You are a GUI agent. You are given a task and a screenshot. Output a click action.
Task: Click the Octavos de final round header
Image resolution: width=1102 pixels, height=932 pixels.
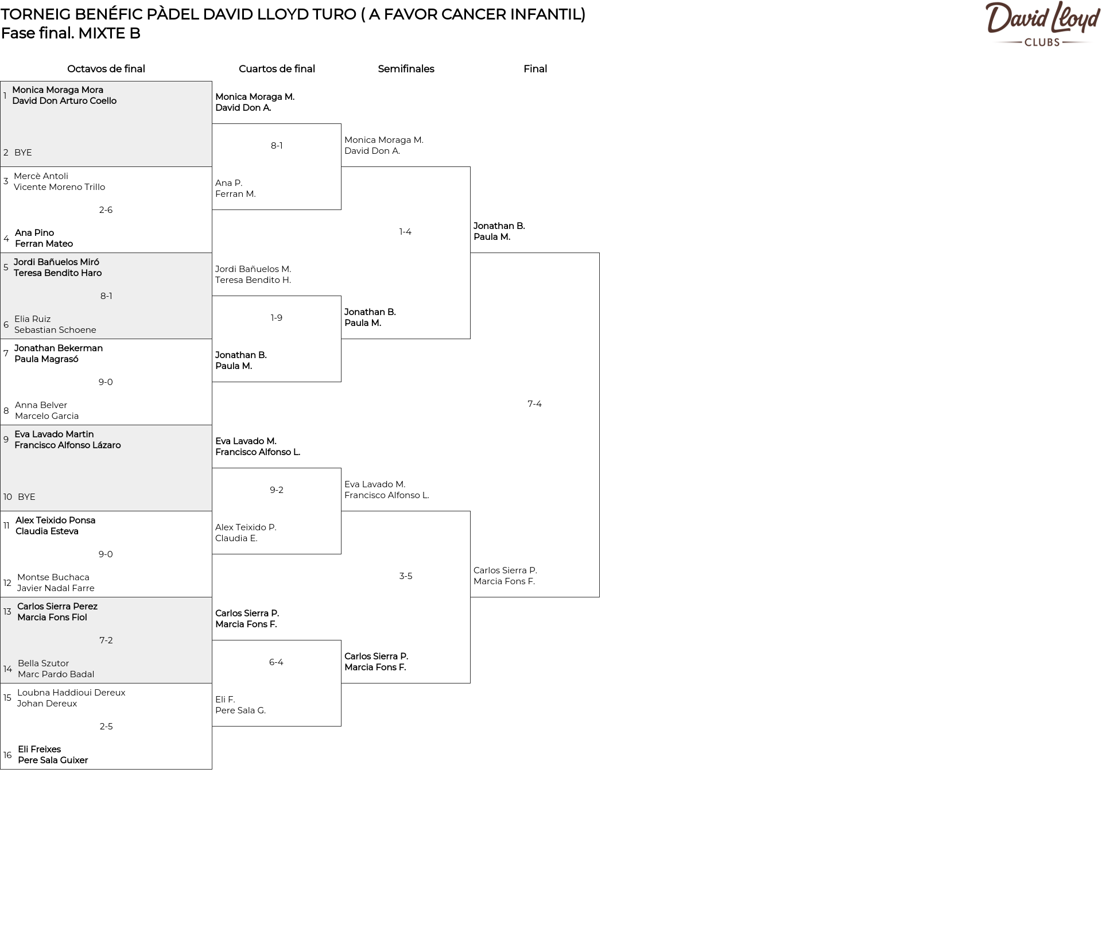[106, 69]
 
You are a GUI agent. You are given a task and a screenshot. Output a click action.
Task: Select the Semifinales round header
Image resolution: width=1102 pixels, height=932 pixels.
[406, 69]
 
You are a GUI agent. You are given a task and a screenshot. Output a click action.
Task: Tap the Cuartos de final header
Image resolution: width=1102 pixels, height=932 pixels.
[277, 69]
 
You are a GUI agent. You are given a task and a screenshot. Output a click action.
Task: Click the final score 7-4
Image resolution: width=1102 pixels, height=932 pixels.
[534, 404]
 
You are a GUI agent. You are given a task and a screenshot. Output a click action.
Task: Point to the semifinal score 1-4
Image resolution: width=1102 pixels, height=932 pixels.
[405, 232]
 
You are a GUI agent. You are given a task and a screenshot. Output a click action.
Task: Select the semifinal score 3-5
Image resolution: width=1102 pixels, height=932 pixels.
[405, 576]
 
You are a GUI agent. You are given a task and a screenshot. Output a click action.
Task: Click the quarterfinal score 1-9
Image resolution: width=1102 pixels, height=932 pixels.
[276, 318]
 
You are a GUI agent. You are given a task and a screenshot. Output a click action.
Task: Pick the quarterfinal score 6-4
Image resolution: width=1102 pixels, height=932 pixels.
[276, 662]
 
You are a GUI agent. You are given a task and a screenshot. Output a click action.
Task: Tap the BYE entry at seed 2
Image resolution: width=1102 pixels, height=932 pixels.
[23, 153]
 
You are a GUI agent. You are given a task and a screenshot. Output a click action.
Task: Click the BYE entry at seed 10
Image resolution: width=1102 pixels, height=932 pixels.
[26, 497]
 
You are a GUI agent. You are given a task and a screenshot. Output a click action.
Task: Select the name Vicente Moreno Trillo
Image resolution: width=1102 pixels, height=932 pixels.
[59, 187]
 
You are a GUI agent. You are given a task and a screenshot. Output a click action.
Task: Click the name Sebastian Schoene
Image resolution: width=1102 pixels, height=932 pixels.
[55, 330]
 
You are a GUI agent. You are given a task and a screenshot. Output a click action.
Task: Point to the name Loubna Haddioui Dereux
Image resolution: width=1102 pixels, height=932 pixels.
[71, 693]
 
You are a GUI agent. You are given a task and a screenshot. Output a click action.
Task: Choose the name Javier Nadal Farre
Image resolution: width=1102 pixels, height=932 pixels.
[56, 588]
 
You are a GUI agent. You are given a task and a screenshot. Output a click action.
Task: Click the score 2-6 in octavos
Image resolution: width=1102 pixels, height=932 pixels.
[106, 210]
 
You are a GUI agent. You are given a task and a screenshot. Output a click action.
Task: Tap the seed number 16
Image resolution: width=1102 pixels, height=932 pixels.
[7, 755]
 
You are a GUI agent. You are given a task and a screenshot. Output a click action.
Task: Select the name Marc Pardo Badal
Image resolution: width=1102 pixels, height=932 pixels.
[56, 674]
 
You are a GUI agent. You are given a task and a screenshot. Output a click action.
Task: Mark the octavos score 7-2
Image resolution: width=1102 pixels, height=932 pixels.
[106, 640]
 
